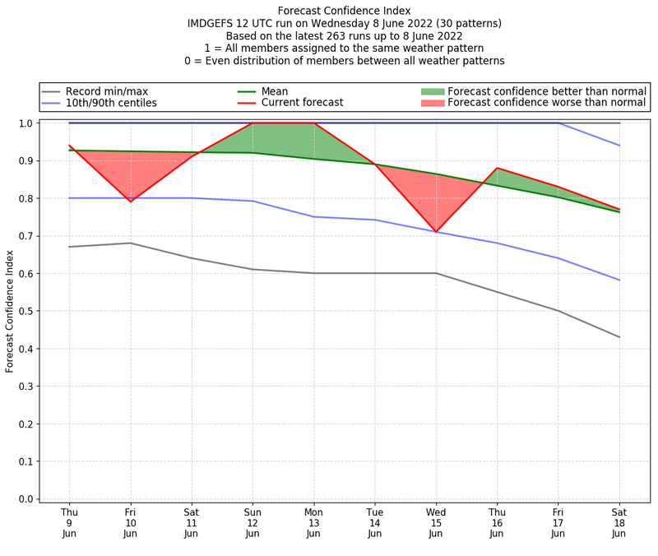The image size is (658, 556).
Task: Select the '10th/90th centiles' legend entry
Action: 111,103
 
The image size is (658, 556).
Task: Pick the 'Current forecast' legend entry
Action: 302,103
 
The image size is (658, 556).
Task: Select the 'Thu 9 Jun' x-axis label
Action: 69,522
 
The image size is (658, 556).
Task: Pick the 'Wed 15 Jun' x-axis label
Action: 436,522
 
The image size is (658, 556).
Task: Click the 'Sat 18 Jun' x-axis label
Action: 619,522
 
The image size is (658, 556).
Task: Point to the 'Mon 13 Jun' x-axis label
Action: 313,522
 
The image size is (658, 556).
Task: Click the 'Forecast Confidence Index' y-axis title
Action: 10,311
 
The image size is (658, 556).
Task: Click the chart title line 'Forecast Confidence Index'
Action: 344,11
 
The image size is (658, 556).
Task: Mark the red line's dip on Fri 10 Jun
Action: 130,202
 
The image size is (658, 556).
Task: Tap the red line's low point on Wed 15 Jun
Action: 436,232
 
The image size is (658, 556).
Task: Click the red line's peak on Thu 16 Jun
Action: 497,168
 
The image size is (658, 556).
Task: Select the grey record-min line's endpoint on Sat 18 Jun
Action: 619,337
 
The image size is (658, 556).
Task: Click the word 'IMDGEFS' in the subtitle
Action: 213,23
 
